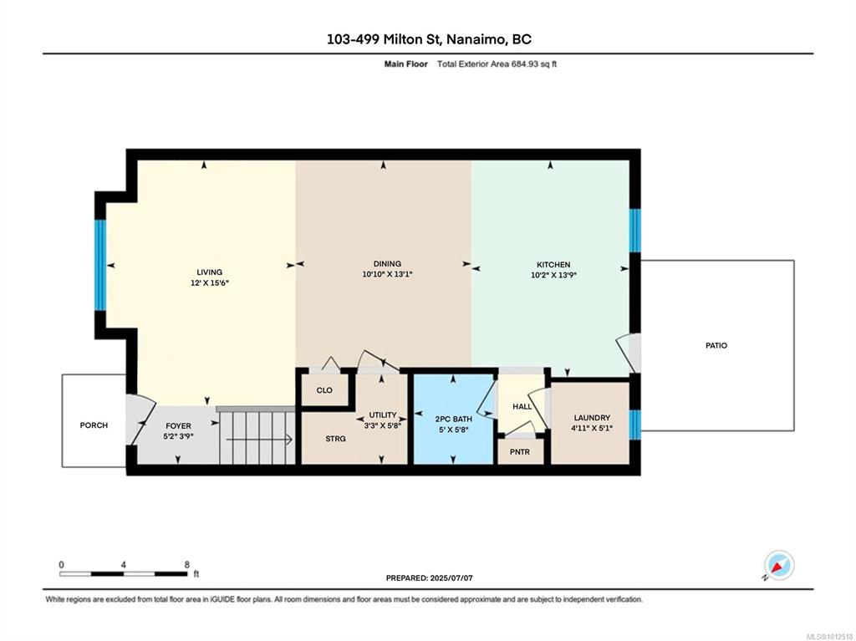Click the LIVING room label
210,272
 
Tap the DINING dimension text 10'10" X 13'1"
387,275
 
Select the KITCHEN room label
553,265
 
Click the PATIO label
716,346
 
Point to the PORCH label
94,425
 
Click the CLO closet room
325,389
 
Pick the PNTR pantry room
520,451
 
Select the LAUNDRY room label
592,418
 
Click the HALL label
522,407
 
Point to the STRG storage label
336,439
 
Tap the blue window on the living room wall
100,266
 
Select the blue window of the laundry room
635,425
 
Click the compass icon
779,565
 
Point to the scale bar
124,574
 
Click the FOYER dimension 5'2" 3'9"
179,436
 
